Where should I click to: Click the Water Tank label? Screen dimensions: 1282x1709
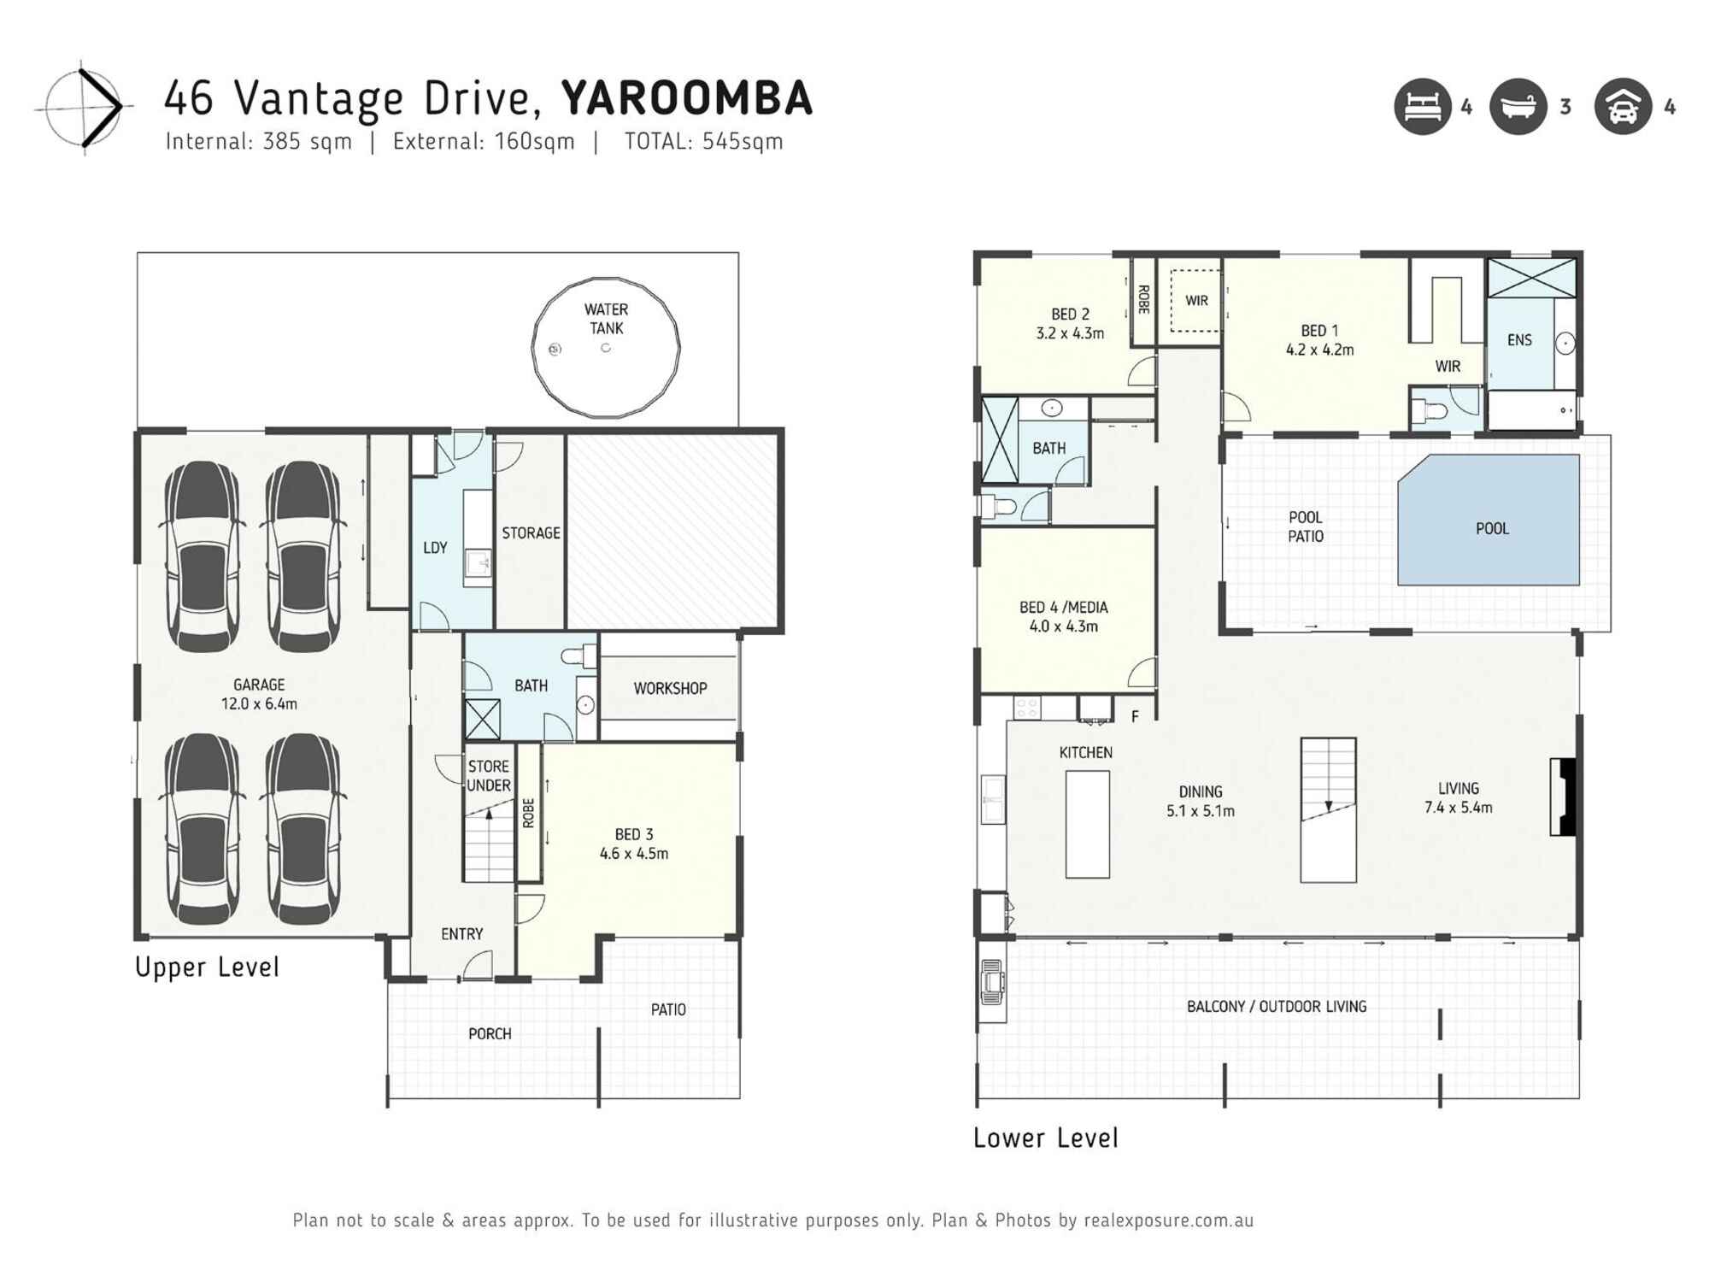tap(606, 319)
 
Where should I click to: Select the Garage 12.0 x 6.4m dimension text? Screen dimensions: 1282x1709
tap(259, 703)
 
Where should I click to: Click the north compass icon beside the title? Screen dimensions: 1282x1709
tap(84, 107)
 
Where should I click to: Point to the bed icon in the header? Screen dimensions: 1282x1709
tap(1423, 107)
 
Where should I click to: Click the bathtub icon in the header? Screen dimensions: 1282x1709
tap(1518, 107)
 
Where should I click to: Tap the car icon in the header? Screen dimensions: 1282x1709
tap(1623, 107)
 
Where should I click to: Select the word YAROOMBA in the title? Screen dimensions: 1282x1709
tap(686, 98)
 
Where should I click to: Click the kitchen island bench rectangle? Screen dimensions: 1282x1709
tap(1087, 824)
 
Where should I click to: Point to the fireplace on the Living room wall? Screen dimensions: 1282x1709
tap(1563, 797)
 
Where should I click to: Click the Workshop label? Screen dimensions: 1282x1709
tap(670, 688)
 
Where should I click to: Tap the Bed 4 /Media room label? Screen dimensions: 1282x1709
tap(1063, 616)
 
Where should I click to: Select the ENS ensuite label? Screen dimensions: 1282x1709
tap(1519, 340)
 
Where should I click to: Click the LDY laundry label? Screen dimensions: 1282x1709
tap(435, 548)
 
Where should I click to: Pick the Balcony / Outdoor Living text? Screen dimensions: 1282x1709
tap(1276, 1006)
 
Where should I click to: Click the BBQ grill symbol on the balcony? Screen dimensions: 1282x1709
tap(991, 983)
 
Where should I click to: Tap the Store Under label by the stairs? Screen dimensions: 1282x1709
tap(489, 776)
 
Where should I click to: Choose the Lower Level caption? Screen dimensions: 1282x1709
tap(1045, 1138)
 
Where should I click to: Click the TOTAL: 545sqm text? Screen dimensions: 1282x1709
tap(703, 142)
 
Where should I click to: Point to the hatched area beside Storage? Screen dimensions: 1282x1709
tap(672, 532)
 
